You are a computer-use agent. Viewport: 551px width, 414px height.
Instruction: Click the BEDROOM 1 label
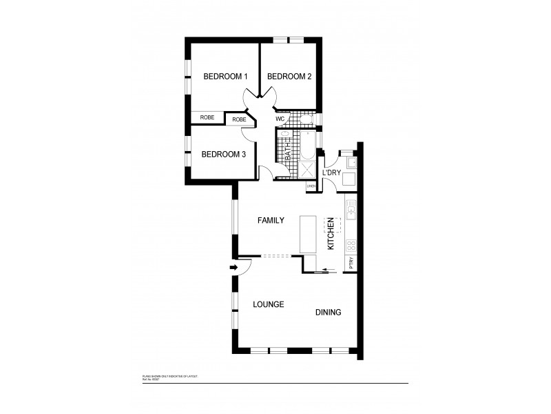(x=225, y=77)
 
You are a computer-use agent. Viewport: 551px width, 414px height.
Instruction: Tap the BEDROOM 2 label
(x=289, y=77)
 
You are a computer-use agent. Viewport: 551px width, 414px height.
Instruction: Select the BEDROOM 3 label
(x=224, y=155)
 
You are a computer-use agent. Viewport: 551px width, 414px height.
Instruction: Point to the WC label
(x=280, y=119)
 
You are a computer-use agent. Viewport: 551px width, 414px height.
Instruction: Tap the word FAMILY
(x=271, y=221)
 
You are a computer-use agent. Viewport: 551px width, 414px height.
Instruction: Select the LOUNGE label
(x=269, y=304)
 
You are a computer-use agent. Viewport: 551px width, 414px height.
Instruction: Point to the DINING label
(x=329, y=313)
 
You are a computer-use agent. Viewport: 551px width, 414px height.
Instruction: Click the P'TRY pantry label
(x=351, y=263)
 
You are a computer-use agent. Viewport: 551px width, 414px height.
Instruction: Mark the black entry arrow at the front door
(x=233, y=268)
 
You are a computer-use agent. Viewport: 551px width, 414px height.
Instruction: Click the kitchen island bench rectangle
(x=307, y=235)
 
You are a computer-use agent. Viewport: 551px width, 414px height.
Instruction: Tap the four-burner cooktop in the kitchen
(x=351, y=246)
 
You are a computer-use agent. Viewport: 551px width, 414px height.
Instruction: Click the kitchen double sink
(x=351, y=207)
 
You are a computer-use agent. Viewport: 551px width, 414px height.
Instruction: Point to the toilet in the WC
(x=308, y=120)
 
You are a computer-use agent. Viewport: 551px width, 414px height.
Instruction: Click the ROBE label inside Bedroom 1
(x=207, y=117)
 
